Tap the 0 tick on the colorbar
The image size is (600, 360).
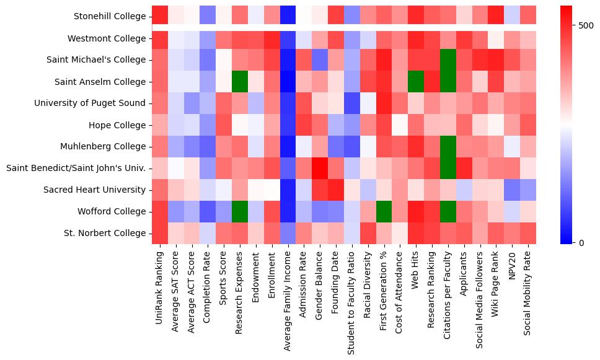[x=581, y=242]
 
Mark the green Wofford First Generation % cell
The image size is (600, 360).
[x=384, y=211]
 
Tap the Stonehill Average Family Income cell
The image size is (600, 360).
[x=288, y=17]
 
